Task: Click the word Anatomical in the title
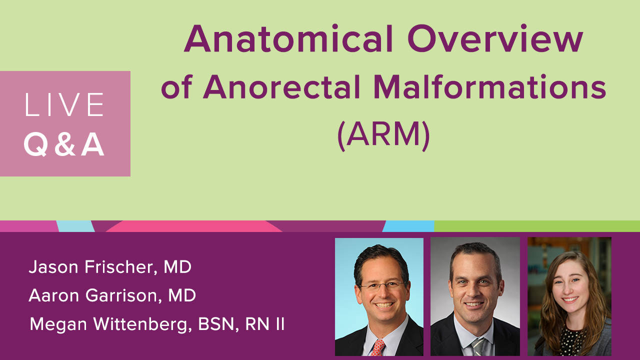point(288,38)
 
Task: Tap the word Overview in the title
point(495,38)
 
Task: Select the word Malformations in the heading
point(489,86)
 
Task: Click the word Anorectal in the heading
point(281,86)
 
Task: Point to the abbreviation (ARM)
point(383,135)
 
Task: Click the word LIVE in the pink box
point(64,104)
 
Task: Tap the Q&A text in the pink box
point(64,145)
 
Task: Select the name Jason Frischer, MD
point(110,267)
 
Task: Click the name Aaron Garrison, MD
point(112,295)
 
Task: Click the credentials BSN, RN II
point(241,324)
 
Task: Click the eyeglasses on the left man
point(383,285)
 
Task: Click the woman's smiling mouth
point(569,299)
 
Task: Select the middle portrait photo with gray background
point(475,296)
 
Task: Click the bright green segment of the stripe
point(537,226)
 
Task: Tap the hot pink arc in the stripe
point(194,226)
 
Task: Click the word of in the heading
point(176,87)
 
